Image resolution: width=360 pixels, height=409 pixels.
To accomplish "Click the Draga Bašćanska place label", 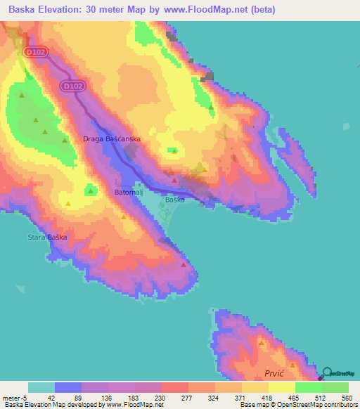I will (112, 139).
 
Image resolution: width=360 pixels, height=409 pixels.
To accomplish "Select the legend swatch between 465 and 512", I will (308, 387).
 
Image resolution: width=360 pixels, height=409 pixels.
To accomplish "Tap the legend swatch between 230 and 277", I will (174, 387).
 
